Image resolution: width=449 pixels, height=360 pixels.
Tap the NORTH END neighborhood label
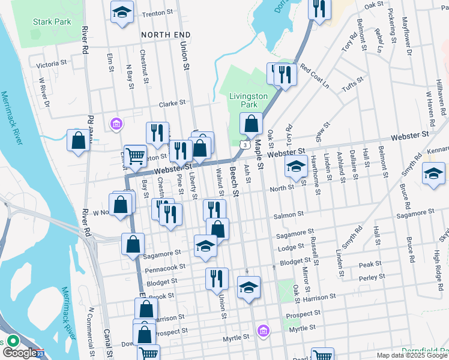coord(161,35)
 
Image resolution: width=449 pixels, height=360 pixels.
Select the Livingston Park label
coord(248,100)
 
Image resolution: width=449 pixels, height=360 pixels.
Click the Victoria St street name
coord(51,64)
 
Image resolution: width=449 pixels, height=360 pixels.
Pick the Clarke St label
coord(172,103)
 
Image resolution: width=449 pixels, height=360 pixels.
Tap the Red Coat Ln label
coord(315,76)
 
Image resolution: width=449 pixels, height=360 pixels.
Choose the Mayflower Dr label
coord(409,41)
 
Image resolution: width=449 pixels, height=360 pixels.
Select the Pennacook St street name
coord(163,266)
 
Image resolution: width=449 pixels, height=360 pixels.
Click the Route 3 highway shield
coord(245,145)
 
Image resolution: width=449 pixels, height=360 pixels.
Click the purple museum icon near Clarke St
coord(116,124)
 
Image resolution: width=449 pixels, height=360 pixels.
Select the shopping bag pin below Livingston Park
coord(251,125)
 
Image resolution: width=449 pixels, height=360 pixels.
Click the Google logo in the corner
coord(20,353)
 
